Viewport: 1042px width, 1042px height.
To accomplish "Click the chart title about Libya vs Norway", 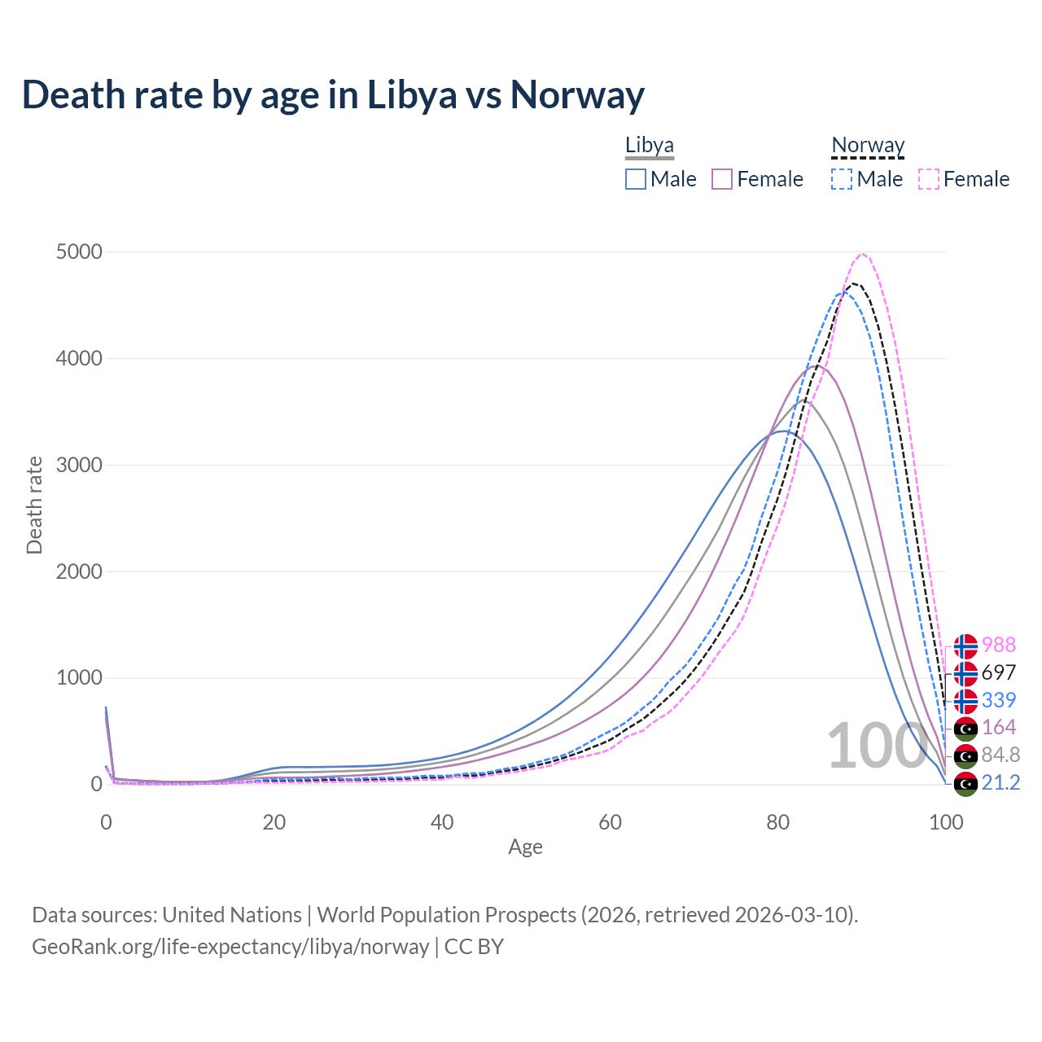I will point(333,94).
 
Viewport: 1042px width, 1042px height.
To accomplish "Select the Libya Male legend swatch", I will point(636,179).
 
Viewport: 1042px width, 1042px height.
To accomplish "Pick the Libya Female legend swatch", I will point(722,179).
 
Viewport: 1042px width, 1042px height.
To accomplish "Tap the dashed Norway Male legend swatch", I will point(842,179).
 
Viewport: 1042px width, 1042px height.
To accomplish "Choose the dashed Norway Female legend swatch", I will point(929,179).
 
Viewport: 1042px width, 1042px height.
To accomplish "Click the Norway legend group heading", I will point(868,146).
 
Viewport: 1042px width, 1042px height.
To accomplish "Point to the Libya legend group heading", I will point(650,146).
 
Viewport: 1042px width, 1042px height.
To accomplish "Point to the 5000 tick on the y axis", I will point(79,252).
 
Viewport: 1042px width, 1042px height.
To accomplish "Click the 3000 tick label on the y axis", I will point(79,466).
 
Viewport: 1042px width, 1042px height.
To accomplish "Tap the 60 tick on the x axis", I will point(610,822).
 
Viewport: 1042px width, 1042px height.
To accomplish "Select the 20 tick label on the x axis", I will point(274,822).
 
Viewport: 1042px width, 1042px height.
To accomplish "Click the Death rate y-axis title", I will point(34,505).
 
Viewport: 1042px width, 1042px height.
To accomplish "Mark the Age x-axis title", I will point(525,847).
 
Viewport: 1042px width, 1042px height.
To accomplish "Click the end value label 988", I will point(999,645).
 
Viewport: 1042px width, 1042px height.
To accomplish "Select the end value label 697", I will point(999,672).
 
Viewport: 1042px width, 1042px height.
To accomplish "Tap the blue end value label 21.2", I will point(1000,782).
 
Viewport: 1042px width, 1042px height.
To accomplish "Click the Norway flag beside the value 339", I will point(965,701).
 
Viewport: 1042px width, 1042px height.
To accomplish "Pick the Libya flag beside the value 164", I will point(965,728).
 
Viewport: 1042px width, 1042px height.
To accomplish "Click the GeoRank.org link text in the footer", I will point(230,947).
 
